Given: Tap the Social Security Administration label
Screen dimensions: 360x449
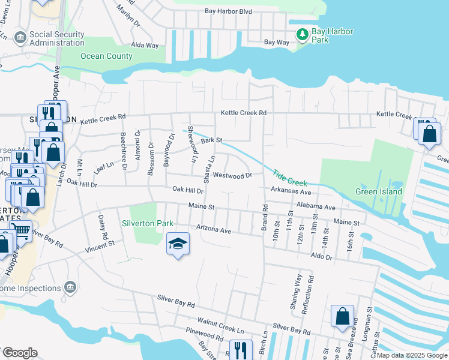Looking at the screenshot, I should [x=57, y=38].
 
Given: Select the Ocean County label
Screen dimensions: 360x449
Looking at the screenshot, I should [x=106, y=56].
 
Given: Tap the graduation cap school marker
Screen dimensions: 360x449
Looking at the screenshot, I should [x=177, y=244].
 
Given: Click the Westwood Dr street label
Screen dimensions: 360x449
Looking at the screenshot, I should [x=232, y=176].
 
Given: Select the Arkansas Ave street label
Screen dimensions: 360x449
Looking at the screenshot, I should [x=291, y=192].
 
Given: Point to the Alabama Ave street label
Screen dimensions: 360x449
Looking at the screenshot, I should [x=315, y=206].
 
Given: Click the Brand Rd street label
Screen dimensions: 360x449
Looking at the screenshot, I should [x=263, y=214].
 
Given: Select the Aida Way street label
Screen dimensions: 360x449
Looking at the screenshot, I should [x=145, y=45].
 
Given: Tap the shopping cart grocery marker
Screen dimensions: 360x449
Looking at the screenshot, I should [x=22, y=229].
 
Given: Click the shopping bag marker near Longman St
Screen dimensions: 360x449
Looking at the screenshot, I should [x=342, y=316].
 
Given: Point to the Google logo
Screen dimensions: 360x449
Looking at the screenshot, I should [x=20, y=353].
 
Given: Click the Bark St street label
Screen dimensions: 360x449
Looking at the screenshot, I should [x=211, y=140].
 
